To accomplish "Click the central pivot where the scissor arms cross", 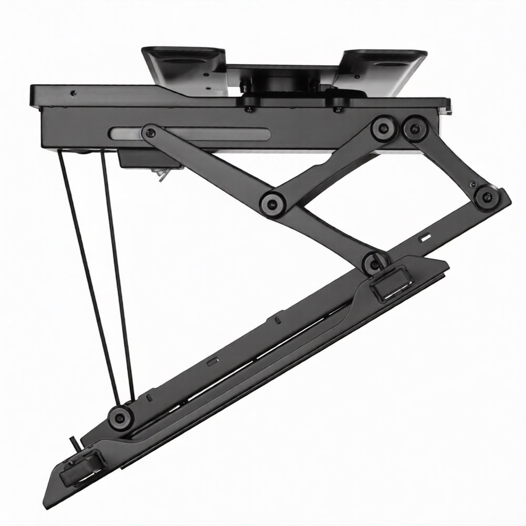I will coord(272,201).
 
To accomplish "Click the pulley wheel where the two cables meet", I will coord(120,417).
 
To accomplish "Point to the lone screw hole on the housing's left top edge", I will coord(73,94).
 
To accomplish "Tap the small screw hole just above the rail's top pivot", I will coord(474,184).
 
